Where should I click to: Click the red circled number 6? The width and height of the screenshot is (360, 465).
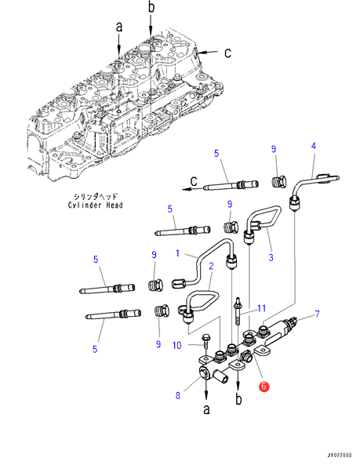tap(264, 386)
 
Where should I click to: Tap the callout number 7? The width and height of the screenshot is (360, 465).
tap(318, 314)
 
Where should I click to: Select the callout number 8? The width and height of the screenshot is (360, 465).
tap(177, 395)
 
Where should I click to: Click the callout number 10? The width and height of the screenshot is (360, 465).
tap(176, 345)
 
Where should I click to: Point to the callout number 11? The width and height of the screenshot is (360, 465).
tap(261, 308)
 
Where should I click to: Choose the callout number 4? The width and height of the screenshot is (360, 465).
tap(314, 146)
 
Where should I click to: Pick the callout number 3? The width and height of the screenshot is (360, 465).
tap(271, 257)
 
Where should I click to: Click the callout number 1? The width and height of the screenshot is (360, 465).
tap(177, 253)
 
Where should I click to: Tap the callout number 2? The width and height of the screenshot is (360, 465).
tap(211, 266)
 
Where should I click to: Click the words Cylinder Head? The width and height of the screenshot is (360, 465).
tap(95, 205)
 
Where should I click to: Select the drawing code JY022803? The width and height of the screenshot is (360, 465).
tap(340, 455)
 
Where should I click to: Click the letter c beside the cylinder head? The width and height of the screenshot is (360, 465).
tap(227, 53)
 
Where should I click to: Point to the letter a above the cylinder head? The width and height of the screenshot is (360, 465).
tap(119, 27)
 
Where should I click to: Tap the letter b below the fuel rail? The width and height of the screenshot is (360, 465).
tap(238, 399)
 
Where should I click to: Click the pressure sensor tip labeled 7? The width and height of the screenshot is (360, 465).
tap(291, 321)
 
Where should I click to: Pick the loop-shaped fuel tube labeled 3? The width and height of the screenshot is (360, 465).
tap(263, 224)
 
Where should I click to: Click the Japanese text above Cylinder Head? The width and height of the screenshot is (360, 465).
tap(96, 196)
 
